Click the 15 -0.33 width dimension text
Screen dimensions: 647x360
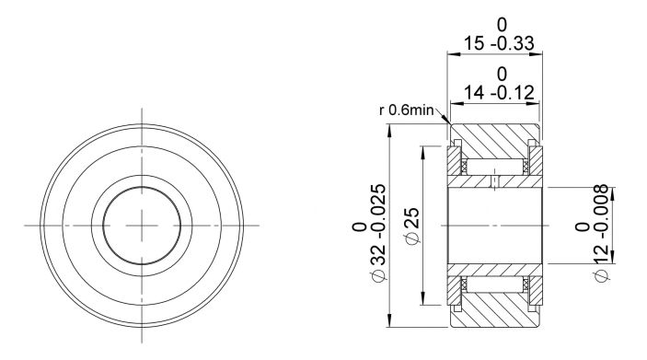tap(499, 43)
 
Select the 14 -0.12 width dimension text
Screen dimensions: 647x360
tap(499, 92)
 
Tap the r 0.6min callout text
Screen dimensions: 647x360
tap(407, 110)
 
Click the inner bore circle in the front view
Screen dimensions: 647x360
tap(142, 187)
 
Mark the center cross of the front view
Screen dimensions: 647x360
tap(142, 226)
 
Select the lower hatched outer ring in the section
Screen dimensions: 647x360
tap(494, 309)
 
